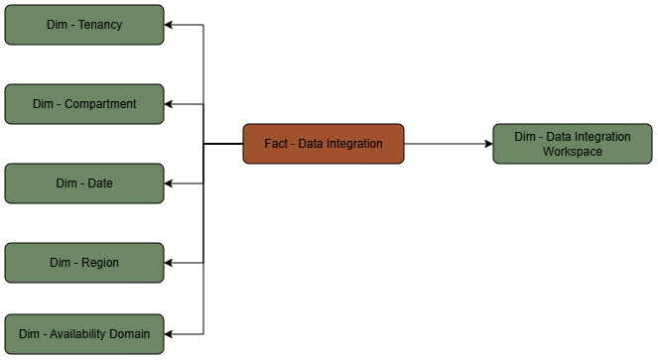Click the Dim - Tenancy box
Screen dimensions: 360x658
tap(84, 25)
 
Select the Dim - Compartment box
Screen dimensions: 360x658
tap(84, 104)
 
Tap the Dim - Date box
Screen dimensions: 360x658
tap(84, 183)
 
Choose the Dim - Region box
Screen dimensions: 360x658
tap(84, 263)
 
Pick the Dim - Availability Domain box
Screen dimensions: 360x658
tap(84, 334)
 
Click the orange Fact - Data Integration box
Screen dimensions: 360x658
tap(324, 144)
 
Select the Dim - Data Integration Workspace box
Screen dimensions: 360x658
tap(573, 144)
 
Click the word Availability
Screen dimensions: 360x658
tap(83, 334)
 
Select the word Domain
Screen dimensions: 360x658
tap(129, 334)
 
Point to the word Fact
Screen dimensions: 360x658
tap(276, 144)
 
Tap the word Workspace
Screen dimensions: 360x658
tap(573, 152)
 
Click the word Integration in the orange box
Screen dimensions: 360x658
tap(352, 144)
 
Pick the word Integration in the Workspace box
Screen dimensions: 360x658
tap(600, 137)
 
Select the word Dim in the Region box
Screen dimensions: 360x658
tap(61, 263)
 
